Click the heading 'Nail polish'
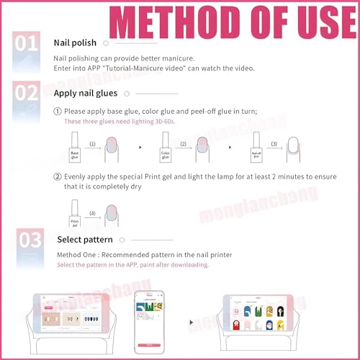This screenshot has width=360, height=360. point(76,43)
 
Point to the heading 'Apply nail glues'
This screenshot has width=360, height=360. point(86,93)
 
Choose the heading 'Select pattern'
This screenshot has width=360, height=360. point(84,240)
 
